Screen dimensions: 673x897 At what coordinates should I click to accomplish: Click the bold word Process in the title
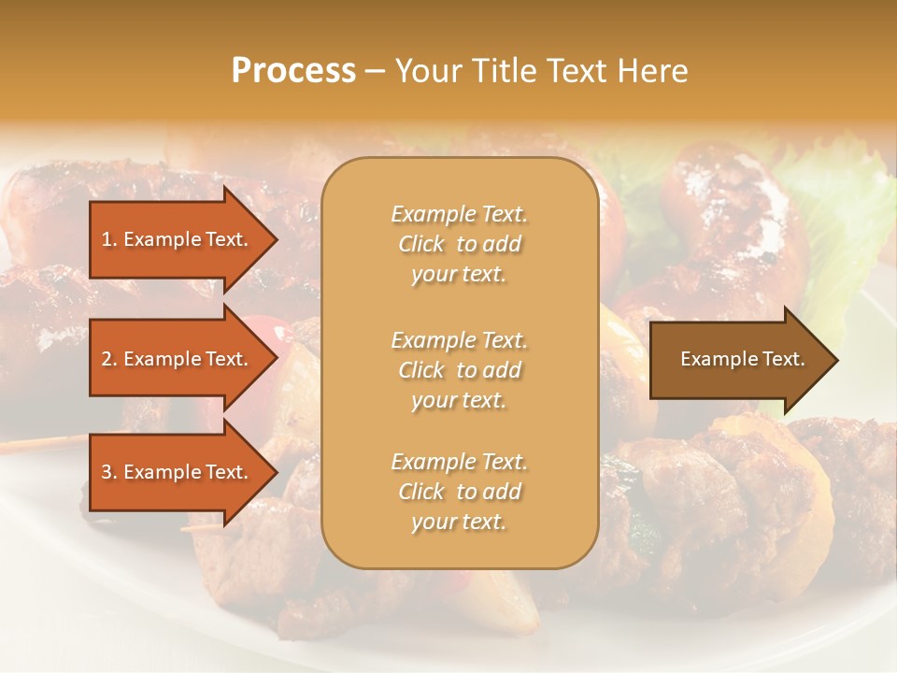293,71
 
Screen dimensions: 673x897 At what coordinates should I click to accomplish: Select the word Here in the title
652,71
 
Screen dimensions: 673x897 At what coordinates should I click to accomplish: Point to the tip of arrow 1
276,239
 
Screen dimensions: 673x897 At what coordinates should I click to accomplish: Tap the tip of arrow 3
276,473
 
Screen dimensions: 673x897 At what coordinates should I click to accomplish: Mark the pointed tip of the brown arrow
836,360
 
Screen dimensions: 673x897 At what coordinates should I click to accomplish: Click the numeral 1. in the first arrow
108,239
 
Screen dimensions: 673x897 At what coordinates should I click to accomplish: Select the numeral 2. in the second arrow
108,359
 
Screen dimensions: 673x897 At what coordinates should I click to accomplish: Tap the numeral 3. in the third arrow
108,473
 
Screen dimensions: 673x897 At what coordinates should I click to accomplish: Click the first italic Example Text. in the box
459,214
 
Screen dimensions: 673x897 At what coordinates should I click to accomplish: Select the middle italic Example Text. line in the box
459,340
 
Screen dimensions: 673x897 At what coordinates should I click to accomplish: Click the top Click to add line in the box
459,244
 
